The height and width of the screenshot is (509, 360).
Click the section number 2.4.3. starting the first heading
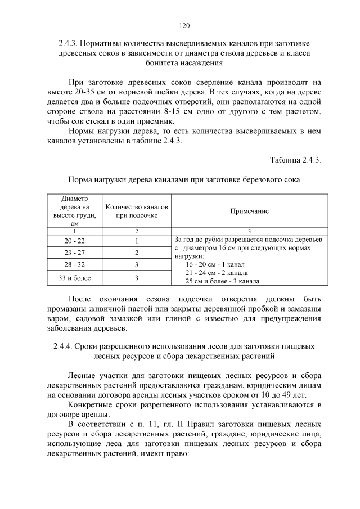[x=71, y=43]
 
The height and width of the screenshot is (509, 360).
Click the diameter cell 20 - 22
[x=74, y=241]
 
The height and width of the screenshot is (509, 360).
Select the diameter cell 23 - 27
[x=74, y=253]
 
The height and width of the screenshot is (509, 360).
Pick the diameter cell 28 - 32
[x=74, y=264]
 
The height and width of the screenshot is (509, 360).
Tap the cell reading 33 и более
[x=74, y=278]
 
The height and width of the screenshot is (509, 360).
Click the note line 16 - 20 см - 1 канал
[x=216, y=264]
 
